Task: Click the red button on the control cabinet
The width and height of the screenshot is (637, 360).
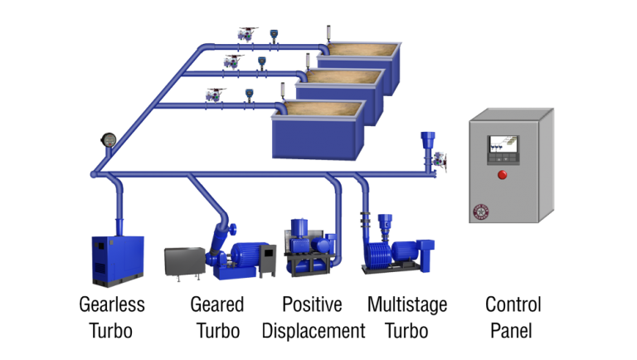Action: tap(502, 174)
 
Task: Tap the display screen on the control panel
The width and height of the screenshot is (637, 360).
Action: tap(503, 147)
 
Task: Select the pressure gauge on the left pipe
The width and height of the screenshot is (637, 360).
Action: tap(109, 139)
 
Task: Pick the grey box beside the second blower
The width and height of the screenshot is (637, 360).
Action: tap(184, 263)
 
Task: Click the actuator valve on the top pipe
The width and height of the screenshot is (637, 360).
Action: tap(246, 35)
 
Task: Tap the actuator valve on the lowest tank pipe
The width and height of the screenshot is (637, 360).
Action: tap(215, 95)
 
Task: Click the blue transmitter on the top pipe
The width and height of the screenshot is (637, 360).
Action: tap(273, 36)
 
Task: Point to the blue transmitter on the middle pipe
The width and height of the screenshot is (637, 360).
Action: tap(262, 61)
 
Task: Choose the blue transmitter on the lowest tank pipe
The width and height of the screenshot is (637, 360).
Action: tap(249, 95)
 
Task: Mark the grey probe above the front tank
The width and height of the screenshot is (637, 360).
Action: tap(283, 89)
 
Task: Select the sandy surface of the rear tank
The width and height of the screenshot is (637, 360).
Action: tap(361, 51)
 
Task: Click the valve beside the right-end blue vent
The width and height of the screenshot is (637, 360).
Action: tap(440, 160)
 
